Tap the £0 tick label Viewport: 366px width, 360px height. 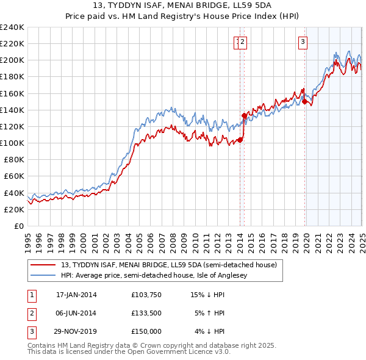(x=19, y=226)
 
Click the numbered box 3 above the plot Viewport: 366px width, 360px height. (x=303, y=42)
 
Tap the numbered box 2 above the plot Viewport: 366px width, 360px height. (x=242, y=42)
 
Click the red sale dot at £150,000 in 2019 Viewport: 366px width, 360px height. (x=304, y=102)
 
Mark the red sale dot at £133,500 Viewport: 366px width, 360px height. (x=244, y=115)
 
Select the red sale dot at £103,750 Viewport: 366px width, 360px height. (x=240, y=140)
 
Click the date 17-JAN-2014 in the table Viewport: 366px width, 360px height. (x=76, y=295)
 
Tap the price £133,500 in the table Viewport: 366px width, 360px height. (x=146, y=313)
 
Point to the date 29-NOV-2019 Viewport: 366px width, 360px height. (x=76, y=331)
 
